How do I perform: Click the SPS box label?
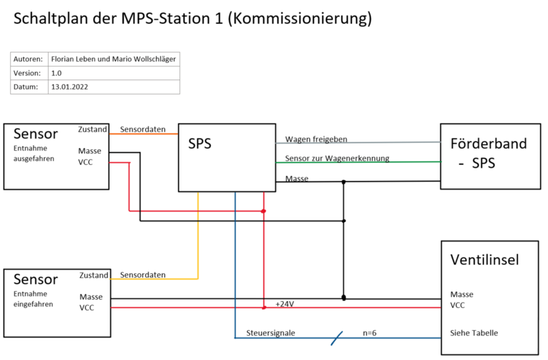[x=200, y=145]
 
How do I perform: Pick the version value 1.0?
[x=56, y=73]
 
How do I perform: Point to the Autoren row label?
[x=29, y=58]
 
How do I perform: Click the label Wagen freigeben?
[x=316, y=139]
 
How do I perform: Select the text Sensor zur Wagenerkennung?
[x=337, y=158]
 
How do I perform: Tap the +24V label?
[x=284, y=303]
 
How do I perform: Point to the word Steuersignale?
[x=271, y=333]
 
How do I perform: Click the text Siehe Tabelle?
[x=474, y=333]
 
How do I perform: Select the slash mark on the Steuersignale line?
[x=337, y=337]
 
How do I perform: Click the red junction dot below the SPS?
[x=264, y=211]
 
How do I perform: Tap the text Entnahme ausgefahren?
[x=34, y=153]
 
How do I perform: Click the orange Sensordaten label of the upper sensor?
[x=142, y=129]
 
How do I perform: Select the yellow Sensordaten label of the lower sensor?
[x=142, y=274]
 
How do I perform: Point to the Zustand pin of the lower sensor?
[x=93, y=275]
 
